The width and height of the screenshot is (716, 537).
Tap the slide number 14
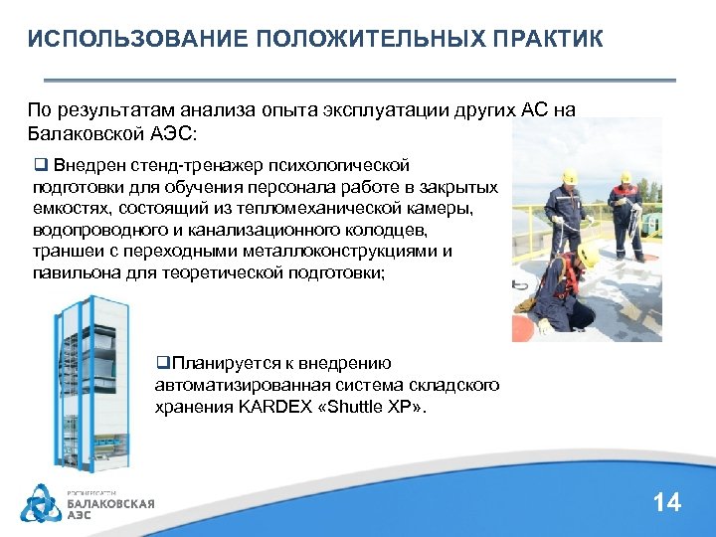[x=667, y=502]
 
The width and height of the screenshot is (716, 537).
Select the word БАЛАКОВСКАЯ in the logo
[x=110, y=503]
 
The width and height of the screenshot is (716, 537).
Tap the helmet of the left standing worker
[x=569, y=179]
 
